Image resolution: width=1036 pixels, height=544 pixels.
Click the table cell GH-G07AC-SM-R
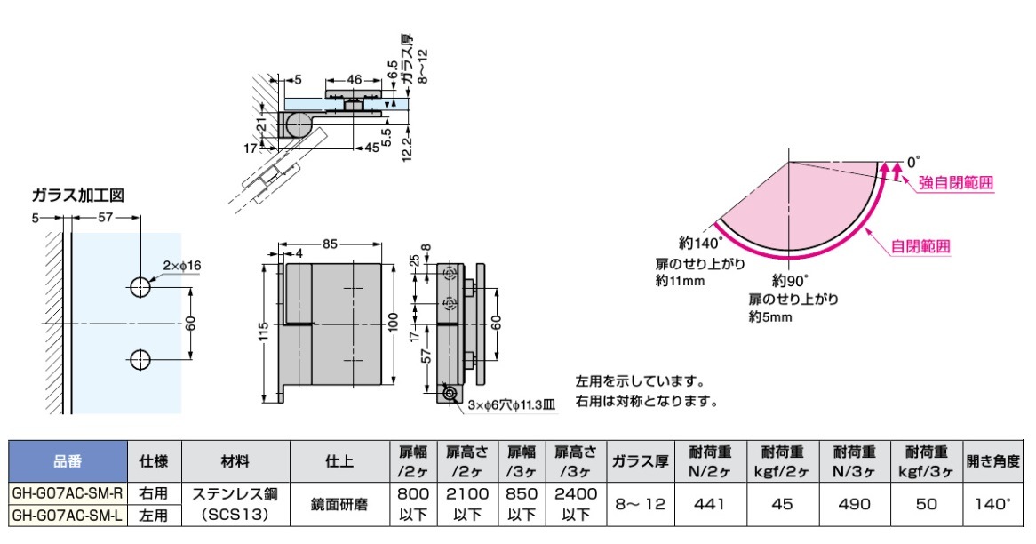point(67,492)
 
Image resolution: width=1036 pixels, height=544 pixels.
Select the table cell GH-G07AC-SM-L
point(67,514)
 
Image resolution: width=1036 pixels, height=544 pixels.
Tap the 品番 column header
point(67,461)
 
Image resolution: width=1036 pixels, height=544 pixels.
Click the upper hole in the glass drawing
point(139,286)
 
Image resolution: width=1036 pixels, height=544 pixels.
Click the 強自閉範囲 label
point(955,183)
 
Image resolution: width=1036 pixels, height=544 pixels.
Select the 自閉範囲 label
point(920,245)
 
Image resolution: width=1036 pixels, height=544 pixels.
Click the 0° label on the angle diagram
point(916,163)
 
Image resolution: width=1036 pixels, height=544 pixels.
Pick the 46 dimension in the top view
point(354,79)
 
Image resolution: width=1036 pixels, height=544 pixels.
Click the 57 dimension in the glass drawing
point(104,218)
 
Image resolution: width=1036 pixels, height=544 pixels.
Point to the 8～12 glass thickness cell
point(640,503)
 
